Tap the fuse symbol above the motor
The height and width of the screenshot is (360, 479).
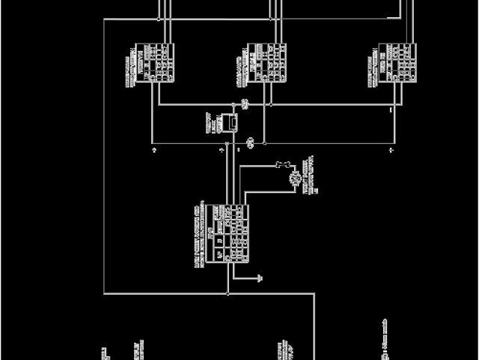(x=284, y=164)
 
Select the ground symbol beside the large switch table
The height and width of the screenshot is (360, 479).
(x=259, y=278)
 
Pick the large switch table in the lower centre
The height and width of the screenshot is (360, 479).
(x=230, y=232)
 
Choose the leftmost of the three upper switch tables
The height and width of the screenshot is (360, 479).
(x=159, y=61)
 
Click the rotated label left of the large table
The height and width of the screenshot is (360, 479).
(x=199, y=234)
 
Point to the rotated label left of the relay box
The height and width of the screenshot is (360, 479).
(x=210, y=122)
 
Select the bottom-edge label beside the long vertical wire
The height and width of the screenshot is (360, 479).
(x=285, y=351)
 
